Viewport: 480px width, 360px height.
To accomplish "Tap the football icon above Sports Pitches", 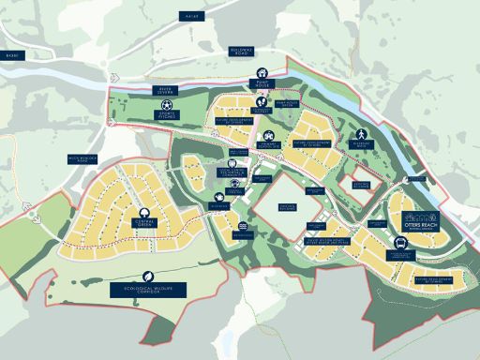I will pyautogui.click(x=166, y=107).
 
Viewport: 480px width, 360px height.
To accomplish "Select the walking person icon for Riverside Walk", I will pyautogui.click(x=360, y=134).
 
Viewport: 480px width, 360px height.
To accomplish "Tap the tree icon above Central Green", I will pyautogui.click(x=144, y=214).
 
